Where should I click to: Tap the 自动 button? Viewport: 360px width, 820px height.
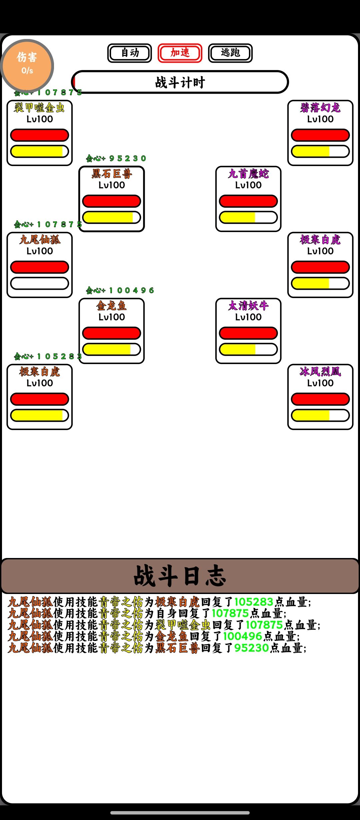(x=129, y=53)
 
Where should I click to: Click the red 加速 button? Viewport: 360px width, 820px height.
(x=180, y=53)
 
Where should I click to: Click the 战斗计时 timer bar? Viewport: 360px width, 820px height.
(x=180, y=82)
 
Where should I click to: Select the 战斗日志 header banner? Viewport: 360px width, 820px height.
(x=180, y=576)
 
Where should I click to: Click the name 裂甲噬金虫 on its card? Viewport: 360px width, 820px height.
(x=39, y=108)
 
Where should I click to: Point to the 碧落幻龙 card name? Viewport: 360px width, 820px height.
(x=320, y=108)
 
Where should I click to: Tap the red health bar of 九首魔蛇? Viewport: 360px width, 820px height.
(x=248, y=201)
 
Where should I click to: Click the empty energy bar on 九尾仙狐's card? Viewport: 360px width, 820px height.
(x=39, y=283)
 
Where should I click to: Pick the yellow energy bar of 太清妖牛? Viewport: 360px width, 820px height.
(x=248, y=349)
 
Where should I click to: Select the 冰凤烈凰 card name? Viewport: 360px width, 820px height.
(x=320, y=372)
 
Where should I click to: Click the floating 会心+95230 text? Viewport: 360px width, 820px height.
(x=116, y=158)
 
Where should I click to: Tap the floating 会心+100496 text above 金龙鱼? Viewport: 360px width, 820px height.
(x=120, y=290)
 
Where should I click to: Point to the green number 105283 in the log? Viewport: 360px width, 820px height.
(x=254, y=602)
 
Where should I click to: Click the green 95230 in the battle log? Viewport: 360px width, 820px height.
(x=251, y=648)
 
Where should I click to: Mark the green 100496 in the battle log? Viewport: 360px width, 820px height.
(x=242, y=636)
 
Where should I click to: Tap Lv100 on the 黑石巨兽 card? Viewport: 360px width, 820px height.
(x=112, y=185)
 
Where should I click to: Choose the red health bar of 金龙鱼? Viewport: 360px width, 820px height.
(x=112, y=333)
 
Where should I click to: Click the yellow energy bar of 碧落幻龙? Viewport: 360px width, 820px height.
(x=320, y=151)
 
